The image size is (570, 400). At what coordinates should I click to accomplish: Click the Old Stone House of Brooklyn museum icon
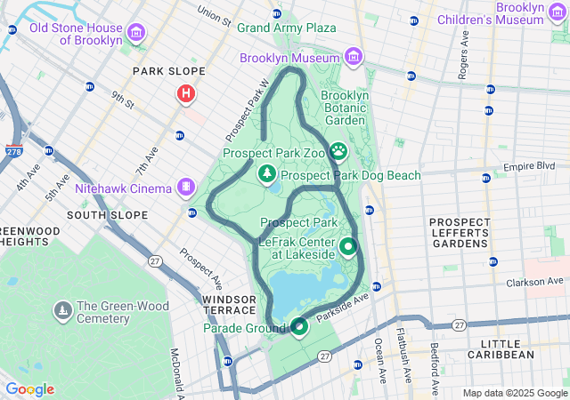[136, 34]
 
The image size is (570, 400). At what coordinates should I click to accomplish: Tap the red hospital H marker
[186, 92]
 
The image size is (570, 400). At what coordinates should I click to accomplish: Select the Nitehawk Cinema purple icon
[185, 188]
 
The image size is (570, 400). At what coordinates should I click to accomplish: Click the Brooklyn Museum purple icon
[354, 58]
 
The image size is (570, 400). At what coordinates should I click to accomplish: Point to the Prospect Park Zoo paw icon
[338, 153]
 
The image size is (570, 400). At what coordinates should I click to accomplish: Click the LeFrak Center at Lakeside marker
[348, 246]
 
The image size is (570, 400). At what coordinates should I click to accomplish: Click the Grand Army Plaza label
[286, 28]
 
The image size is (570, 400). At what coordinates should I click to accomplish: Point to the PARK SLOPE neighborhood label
[168, 71]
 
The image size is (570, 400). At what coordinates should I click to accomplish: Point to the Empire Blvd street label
[529, 166]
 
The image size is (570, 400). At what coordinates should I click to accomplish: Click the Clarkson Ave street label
[537, 284]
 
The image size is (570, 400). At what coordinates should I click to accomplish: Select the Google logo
[29, 389]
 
